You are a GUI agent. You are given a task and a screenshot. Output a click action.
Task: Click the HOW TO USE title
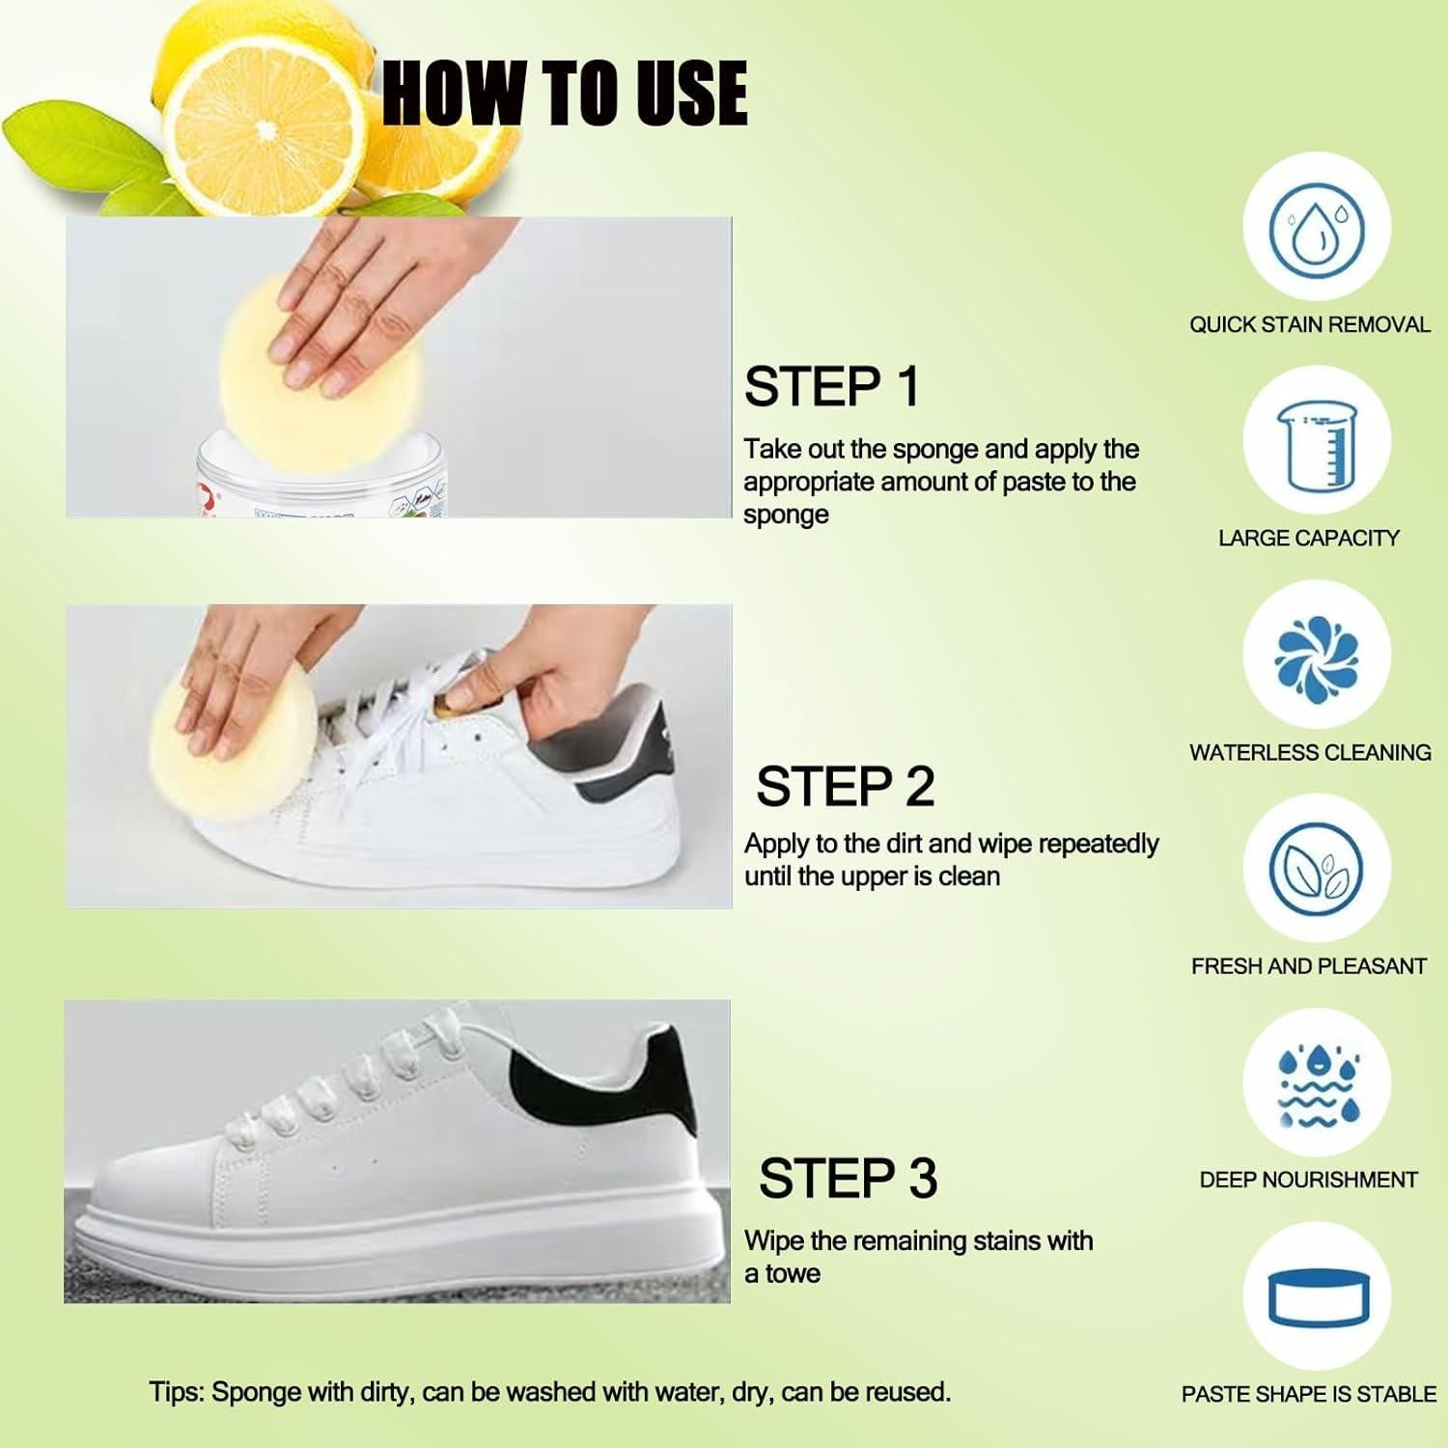tap(565, 93)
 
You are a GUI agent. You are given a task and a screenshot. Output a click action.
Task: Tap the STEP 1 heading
tap(831, 387)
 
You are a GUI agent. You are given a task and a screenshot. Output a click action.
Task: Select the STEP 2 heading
tap(845, 787)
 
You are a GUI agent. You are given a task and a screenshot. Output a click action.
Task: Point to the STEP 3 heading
tap(848, 1179)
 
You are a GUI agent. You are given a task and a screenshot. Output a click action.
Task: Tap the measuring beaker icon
tap(1316, 444)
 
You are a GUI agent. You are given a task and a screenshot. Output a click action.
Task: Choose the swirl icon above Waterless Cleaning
tap(1316, 657)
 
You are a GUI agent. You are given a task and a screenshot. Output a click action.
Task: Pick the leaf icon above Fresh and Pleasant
tap(1316, 870)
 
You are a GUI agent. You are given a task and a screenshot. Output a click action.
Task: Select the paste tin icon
tap(1316, 1298)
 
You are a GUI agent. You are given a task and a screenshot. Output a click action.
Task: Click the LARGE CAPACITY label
tap(1308, 539)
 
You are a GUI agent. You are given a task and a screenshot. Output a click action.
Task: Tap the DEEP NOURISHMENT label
tap(1308, 1180)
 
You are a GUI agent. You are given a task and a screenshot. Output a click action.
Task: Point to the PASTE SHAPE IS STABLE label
tap(1308, 1394)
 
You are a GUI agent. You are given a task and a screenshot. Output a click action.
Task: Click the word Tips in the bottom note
tap(175, 1392)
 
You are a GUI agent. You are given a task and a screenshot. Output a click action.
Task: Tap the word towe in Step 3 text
tap(793, 1274)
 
